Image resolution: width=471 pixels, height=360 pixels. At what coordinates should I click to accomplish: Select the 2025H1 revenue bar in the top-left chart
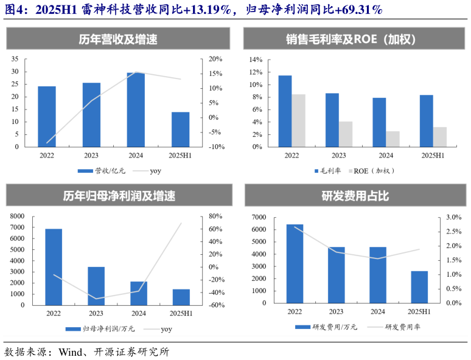180,129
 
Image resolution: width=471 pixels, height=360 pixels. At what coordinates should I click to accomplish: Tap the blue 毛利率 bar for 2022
285,111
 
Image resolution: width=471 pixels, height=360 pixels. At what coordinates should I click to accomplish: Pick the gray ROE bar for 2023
346,134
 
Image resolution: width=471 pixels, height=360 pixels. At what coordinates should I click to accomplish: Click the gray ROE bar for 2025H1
440,137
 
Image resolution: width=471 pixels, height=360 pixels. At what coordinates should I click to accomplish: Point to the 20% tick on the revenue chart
216,59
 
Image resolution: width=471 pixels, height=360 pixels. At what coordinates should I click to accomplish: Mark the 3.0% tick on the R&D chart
454,217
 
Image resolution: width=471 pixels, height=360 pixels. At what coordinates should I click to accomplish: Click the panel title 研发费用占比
355,196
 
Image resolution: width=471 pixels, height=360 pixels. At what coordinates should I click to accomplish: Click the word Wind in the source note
69,351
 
